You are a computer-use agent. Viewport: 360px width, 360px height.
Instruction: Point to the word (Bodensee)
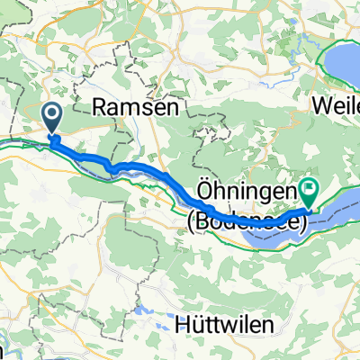[x=247, y=216]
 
